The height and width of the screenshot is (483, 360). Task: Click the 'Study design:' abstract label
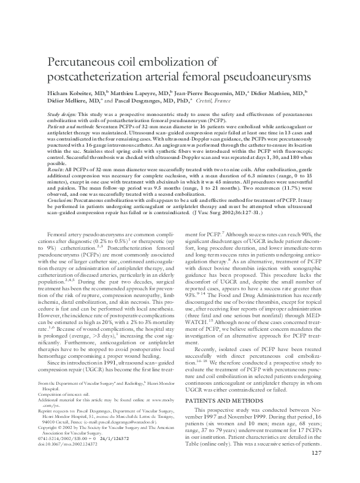[61, 115]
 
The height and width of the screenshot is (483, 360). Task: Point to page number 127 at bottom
[316, 471]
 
